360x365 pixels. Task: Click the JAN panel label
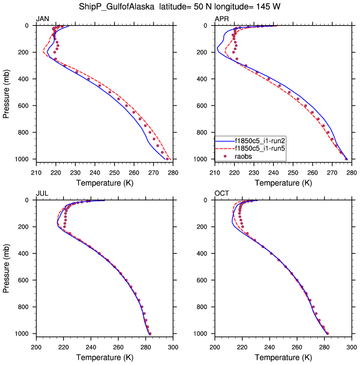42,19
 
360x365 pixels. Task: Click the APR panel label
221,19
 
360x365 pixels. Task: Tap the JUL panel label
42,193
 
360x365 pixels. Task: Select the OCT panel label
222,193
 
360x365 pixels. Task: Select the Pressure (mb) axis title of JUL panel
7,267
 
